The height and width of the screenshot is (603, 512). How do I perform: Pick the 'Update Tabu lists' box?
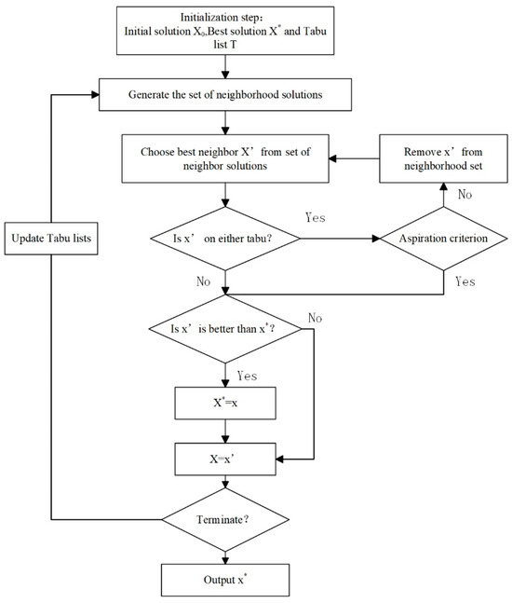coord(51,237)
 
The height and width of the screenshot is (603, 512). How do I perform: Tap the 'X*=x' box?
coord(223,404)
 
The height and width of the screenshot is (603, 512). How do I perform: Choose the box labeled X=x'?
coord(223,459)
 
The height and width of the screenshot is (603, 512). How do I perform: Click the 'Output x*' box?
coord(223,580)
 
